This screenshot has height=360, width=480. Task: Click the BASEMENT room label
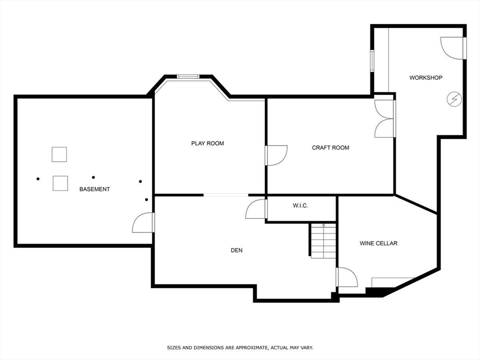[x=94, y=189]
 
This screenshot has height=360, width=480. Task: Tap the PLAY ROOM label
[x=207, y=143]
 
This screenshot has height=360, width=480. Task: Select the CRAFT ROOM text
[x=330, y=148]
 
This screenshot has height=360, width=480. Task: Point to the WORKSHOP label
[x=426, y=78]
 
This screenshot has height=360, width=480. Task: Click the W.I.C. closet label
[x=300, y=206]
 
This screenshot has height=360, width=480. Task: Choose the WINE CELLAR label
[x=378, y=243]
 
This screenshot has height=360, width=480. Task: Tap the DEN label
[x=237, y=250]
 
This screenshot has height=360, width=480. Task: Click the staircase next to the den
[x=323, y=240]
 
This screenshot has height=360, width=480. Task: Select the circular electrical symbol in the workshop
[x=454, y=99]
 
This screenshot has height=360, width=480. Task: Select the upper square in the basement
[x=59, y=154]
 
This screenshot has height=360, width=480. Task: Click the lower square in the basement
[x=60, y=183]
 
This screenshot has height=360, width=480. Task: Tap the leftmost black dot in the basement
[x=38, y=179]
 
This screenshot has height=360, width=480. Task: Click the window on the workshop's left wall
[x=372, y=60]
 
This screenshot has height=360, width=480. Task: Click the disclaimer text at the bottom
[x=240, y=348]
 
